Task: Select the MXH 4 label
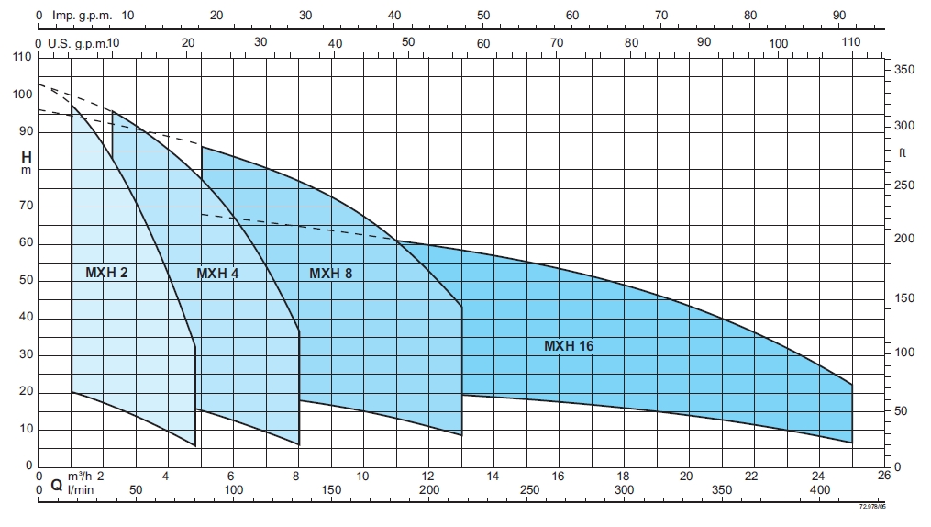[x=217, y=273]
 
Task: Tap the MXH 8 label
[x=330, y=273]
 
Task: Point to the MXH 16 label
[x=569, y=346]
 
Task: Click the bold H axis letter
[x=27, y=157]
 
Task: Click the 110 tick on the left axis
[x=22, y=57]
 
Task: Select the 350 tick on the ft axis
[x=905, y=70]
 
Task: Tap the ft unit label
[x=902, y=153]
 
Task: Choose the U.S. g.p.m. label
[x=79, y=43]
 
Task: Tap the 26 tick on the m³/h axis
[x=883, y=477]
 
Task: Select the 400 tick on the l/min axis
[x=819, y=491]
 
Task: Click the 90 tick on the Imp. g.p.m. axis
[x=838, y=16]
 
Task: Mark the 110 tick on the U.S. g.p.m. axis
[x=850, y=42]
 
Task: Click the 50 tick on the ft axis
[x=902, y=410]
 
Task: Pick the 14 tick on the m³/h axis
[x=493, y=477]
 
